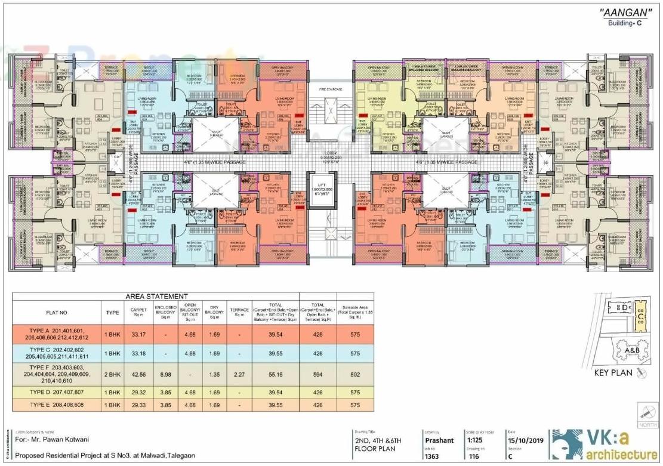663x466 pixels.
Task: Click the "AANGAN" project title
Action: coord(624,14)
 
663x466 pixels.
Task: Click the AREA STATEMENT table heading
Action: coord(157,297)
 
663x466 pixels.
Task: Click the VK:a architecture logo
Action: coord(603,445)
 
